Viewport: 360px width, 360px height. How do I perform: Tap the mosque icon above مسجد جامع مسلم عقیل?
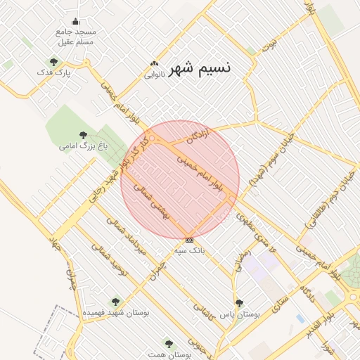(76, 22)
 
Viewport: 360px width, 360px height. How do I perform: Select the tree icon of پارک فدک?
(53, 62)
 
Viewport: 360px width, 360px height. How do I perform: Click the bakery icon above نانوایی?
(154, 64)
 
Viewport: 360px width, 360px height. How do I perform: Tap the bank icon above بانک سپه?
(189, 240)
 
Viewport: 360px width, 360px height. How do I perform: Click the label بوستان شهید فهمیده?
(105, 311)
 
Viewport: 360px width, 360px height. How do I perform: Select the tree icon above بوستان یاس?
(240, 303)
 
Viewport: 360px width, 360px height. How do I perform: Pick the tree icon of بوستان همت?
(168, 343)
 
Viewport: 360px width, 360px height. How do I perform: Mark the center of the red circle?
(180, 179)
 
